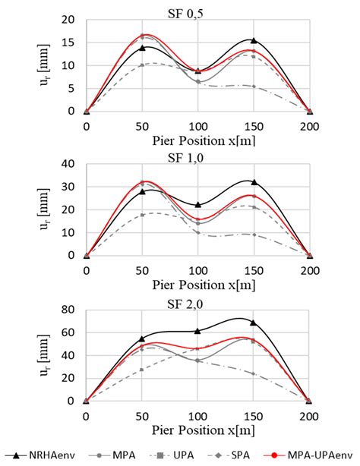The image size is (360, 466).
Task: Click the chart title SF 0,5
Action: pyautogui.click(x=198, y=8)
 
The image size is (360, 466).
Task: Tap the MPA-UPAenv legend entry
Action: pyautogui.click(x=308, y=453)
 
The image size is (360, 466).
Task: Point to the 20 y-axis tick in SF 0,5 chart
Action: pyautogui.click(x=69, y=20)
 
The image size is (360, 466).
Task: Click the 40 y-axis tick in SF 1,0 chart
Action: pyautogui.click(x=69, y=164)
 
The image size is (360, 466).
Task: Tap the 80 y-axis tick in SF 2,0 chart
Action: pyautogui.click(x=69, y=309)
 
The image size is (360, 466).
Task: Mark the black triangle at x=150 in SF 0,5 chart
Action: pyautogui.click(x=254, y=41)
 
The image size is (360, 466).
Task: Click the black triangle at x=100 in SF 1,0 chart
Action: pyautogui.click(x=198, y=205)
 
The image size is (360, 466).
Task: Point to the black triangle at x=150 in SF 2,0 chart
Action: pyautogui.click(x=254, y=322)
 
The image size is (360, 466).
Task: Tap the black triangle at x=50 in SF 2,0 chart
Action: pyautogui.click(x=142, y=338)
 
